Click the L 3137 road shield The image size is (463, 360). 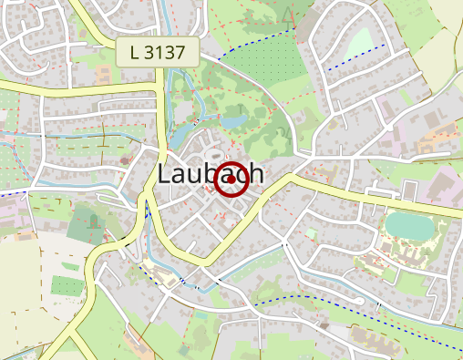click(x=158, y=52)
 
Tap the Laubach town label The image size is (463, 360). click(x=211, y=175)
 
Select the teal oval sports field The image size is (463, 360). click(x=407, y=225)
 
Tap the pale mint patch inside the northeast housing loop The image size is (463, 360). click(x=361, y=42)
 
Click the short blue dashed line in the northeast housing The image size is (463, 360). click(x=356, y=56)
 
